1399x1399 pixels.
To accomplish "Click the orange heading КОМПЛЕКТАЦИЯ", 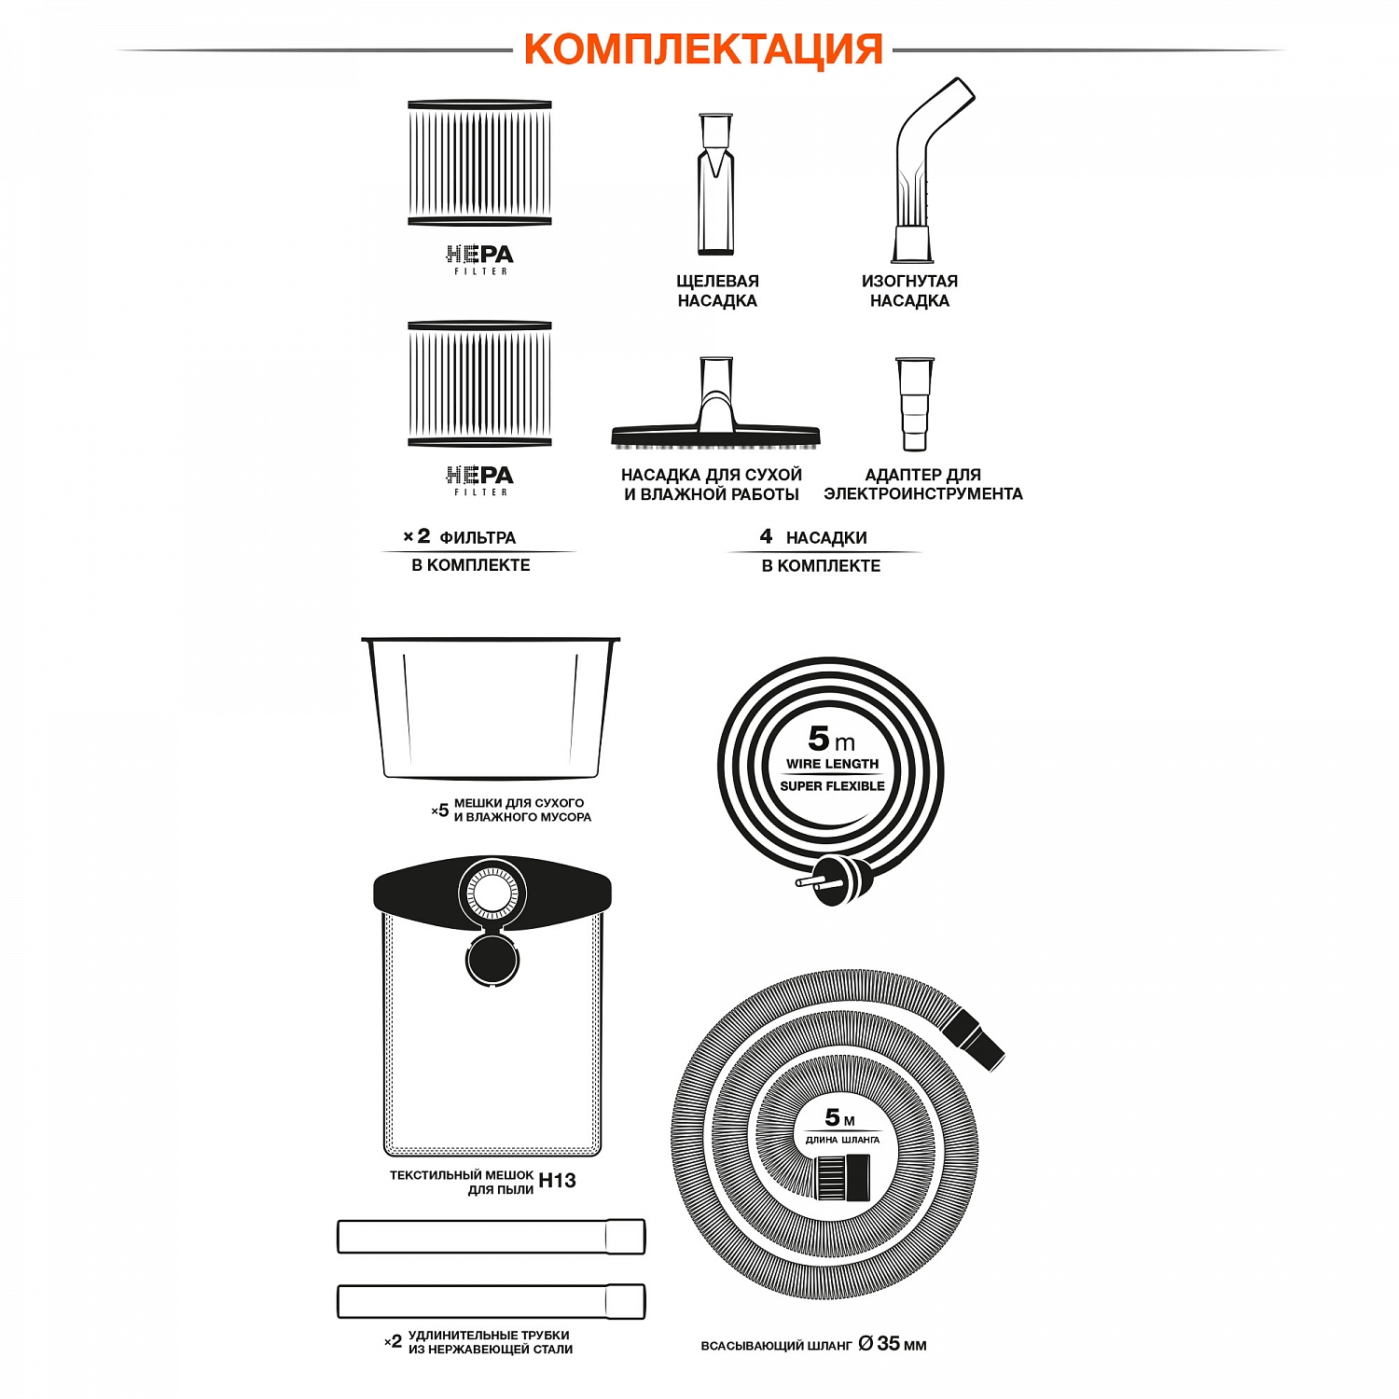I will click(702, 48).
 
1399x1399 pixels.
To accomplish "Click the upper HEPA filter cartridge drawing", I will click(479, 163).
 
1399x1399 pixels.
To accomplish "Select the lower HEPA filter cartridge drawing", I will click(479, 384).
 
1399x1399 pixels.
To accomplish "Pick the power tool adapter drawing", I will click(914, 403).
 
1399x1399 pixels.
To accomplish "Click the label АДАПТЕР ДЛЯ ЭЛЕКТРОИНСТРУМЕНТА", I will click(922, 484).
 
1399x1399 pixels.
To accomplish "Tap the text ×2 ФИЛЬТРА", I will click(460, 537).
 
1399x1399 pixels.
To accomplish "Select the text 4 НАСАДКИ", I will click(813, 537).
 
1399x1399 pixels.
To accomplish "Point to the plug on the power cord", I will click(839, 879).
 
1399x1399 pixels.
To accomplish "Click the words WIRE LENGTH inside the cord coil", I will click(832, 764).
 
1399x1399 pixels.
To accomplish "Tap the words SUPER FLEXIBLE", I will click(832, 786).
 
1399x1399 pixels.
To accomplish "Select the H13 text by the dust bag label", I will click(557, 1181).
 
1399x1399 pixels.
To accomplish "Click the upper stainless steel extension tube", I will click(491, 1237).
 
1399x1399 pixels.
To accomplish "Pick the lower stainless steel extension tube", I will click(491, 1301).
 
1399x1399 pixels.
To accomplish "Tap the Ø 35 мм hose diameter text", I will click(893, 1344).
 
